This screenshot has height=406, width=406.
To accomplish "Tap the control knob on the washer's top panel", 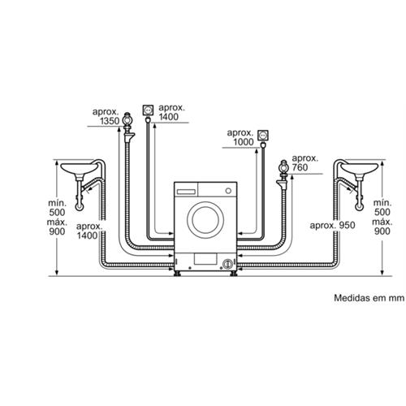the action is pyautogui.click(x=228, y=191).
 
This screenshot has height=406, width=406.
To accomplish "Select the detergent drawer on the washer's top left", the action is pyautogui.click(x=186, y=192).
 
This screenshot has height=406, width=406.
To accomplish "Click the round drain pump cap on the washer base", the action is pyautogui.click(x=227, y=263).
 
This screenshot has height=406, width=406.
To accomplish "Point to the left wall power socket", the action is pyautogui.click(x=148, y=110).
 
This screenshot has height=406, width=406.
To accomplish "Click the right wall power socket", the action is pyautogui.click(x=263, y=136).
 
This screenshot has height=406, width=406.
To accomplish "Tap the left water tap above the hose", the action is pyautogui.click(x=127, y=120).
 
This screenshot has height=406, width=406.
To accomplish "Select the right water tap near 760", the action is pyautogui.click(x=284, y=168).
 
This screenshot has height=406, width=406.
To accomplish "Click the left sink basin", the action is pyautogui.click(x=79, y=169).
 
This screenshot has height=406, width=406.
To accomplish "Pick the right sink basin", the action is pyautogui.click(x=359, y=169).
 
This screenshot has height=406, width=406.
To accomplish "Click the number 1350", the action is pyautogui.click(x=110, y=121).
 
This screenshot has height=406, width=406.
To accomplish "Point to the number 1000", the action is pyautogui.click(x=244, y=142).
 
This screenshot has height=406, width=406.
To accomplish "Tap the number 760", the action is pyautogui.click(x=300, y=167).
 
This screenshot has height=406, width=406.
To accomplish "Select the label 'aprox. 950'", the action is pyautogui.click(x=332, y=225).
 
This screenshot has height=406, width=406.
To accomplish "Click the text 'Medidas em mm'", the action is pyautogui.click(x=369, y=298).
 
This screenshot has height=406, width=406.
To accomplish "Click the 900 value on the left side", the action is pyautogui.click(x=57, y=231).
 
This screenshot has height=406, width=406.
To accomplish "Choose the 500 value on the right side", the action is pyautogui.click(x=382, y=212).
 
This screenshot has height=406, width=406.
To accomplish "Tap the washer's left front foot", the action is pyautogui.click(x=177, y=274).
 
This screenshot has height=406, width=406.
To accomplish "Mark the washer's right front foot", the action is pyautogui.click(x=234, y=274).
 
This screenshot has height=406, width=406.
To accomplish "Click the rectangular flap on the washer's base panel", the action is pyautogui.click(x=205, y=259).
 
